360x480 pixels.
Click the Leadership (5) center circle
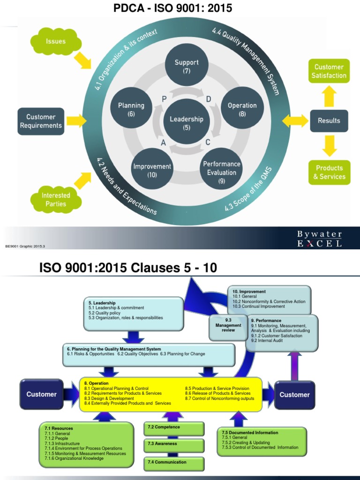187,123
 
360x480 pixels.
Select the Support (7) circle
187,67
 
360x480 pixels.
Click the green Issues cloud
55,41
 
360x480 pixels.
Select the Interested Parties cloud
56,200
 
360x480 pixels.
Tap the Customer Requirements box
41,121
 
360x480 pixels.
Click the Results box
329,120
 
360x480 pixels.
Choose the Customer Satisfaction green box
330,71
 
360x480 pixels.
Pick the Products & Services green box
330,172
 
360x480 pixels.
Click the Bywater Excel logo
319,239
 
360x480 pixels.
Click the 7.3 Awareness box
174,444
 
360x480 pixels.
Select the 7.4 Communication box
174,463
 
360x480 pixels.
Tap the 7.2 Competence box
174,427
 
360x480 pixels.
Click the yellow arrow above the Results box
329,97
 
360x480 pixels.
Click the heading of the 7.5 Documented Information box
250,433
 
